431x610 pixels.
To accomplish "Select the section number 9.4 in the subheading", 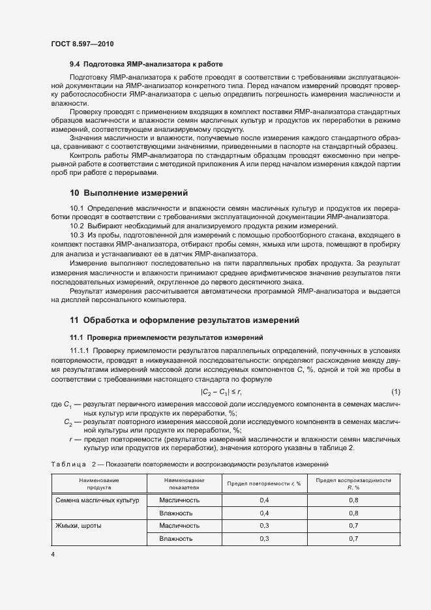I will [76, 65].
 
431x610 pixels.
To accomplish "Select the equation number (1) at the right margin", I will [395, 391].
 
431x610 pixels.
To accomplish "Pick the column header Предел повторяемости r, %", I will [263, 483].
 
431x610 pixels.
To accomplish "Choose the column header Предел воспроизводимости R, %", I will [353, 483].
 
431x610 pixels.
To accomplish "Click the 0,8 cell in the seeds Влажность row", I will [353, 513].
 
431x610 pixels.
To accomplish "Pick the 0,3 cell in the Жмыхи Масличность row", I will [264, 525].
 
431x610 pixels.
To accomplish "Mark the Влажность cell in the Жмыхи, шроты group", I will [175, 539].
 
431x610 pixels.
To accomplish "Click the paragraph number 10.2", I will [77, 226].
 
